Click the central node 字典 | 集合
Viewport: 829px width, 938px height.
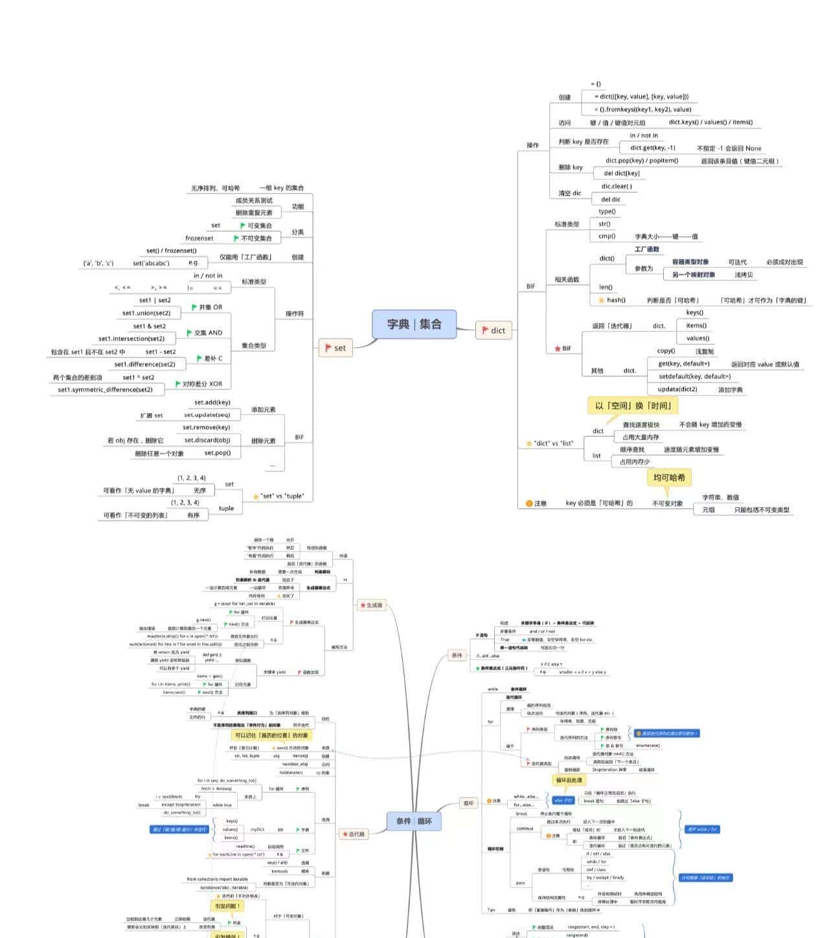(414, 324)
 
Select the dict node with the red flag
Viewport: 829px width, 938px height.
(494, 330)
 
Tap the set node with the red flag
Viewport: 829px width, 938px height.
(335, 348)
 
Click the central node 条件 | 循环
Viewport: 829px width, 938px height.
(414, 821)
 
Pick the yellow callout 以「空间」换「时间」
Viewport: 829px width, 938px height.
(633, 406)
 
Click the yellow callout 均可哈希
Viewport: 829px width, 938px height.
(669, 477)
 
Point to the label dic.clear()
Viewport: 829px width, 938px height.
(617, 186)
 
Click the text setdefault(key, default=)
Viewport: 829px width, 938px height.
(694, 376)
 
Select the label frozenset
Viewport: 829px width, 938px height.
(199, 238)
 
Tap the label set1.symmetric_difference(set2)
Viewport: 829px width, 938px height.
(105, 390)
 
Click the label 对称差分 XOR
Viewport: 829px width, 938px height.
(201, 384)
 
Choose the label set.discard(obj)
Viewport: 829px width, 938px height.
(207, 440)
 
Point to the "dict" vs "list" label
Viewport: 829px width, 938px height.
(553, 443)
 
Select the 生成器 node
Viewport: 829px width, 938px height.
(372, 605)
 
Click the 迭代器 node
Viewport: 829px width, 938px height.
(354, 834)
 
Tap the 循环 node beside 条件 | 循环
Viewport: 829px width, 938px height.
(468, 803)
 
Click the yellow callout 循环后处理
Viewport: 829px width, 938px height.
(569, 780)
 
